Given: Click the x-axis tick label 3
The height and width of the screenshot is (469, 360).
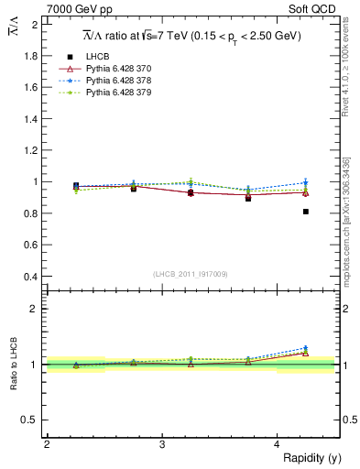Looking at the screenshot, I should (x=162, y=443).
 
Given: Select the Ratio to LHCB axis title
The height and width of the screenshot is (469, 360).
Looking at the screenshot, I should (x=12, y=364).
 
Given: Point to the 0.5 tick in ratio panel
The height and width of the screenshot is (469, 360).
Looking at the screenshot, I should (x=32, y=420).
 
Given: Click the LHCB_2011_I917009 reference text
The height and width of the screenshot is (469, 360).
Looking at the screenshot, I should (x=191, y=274).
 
